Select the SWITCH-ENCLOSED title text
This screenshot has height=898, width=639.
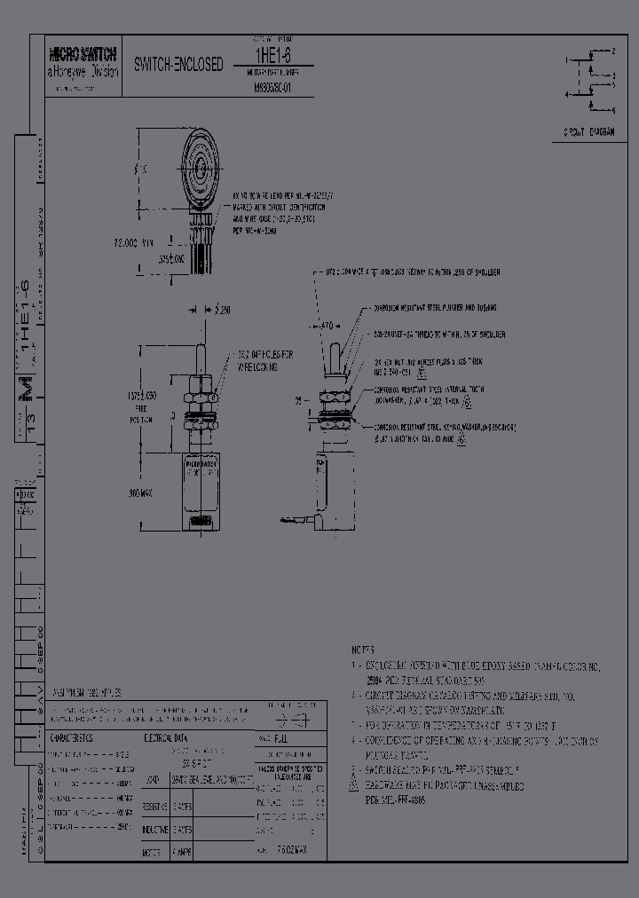click(x=178, y=66)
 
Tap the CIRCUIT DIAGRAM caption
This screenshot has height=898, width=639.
click(x=588, y=131)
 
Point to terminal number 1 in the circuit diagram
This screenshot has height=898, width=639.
click(x=566, y=59)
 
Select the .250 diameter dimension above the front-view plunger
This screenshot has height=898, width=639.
click(x=221, y=310)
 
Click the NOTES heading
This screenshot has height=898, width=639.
click(x=361, y=650)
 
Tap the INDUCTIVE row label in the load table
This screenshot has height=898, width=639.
click(x=155, y=829)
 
